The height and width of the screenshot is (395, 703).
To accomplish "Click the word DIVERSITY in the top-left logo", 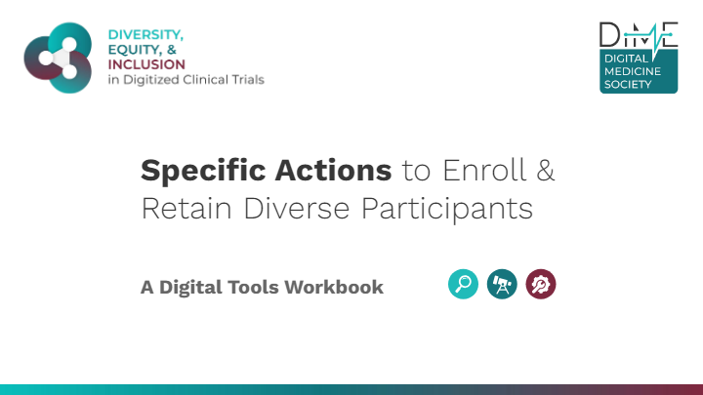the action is [145, 34].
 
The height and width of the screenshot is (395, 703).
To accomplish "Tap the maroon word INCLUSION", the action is [146, 64].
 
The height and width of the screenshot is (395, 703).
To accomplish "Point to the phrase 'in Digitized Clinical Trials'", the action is [186, 80].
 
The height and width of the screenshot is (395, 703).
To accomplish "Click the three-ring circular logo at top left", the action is [58, 58].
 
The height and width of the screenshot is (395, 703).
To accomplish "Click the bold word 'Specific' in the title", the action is [203, 171].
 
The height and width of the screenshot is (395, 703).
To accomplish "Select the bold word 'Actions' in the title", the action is [333, 171].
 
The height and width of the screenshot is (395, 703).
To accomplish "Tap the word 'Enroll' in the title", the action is [484, 170].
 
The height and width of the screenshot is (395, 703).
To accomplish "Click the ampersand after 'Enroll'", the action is [545, 171].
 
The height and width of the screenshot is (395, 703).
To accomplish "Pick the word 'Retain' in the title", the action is [186, 209].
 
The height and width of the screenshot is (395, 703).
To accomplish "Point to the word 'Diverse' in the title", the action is [297, 209].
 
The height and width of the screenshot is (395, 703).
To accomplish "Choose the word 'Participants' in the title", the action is [447, 209].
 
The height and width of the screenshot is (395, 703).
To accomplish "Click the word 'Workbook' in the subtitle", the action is [334, 287].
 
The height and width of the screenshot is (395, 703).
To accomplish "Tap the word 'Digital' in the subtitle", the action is [190, 288].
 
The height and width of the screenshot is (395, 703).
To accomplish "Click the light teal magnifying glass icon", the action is [463, 284].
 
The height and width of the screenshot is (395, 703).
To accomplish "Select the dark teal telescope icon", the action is [502, 284].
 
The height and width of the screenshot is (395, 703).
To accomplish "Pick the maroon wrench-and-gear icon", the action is [541, 284].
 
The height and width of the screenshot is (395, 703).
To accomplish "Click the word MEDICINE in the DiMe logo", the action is [633, 71].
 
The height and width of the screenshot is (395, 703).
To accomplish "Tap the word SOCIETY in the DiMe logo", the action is [628, 84].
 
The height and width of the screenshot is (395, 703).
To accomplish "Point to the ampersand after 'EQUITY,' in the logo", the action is [172, 50].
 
